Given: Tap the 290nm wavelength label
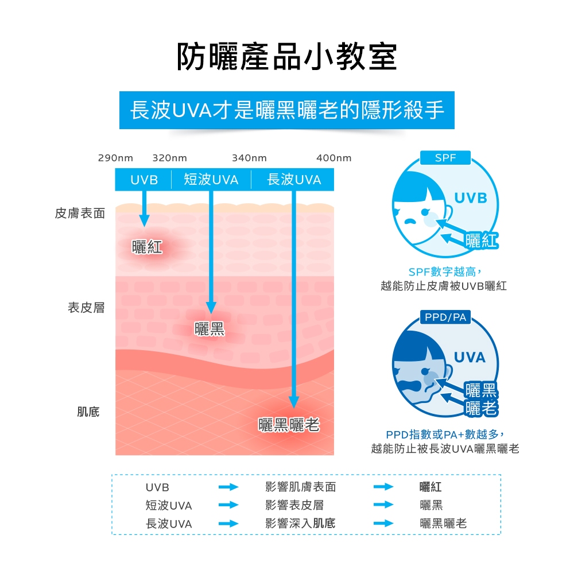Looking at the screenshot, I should click(115, 158).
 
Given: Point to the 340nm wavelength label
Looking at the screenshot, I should click(249, 158).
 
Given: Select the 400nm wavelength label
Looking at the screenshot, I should click(333, 158).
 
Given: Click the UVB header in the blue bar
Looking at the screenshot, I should click(143, 180).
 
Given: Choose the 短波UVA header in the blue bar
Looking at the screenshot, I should click(211, 180).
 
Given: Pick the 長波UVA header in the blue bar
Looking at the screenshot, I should click(294, 180).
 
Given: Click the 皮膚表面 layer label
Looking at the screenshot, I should click(80, 214).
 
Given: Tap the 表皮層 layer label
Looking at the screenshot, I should click(87, 308).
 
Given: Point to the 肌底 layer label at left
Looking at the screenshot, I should click(88, 412).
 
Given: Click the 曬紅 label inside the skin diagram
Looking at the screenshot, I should click(147, 247).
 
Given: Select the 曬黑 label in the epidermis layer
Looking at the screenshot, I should click(210, 329).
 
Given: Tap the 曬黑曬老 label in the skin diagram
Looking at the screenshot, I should click(289, 425).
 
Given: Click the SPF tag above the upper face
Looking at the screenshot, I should click(445, 157).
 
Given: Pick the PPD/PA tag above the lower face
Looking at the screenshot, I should click(445, 317).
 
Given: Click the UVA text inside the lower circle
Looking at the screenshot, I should click(470, 358).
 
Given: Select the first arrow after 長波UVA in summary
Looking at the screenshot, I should click(228, 523).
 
